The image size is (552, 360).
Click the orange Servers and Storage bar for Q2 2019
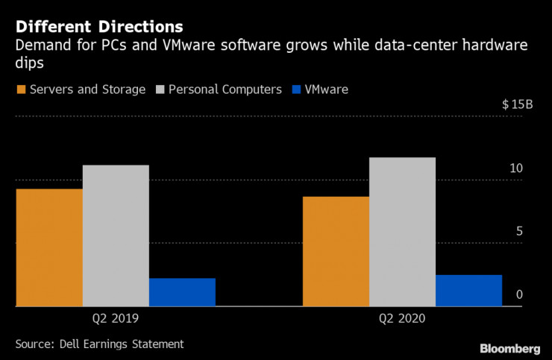tap(49, 247)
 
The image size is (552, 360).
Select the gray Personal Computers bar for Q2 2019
tap(116, 236)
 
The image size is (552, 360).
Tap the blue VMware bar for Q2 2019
tap(182, 292)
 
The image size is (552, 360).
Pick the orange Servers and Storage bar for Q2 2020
tap(336, 251)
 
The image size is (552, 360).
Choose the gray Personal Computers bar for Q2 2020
tap(402, 232)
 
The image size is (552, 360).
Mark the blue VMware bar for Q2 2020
tap(468, 291)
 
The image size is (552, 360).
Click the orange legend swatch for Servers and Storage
tap(20, 89)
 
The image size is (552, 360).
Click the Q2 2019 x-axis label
tap(116, 318)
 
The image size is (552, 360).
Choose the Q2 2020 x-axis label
tap(402, 318)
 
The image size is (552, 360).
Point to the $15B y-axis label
tap(518, 104)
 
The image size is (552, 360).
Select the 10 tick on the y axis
tap(516, 169)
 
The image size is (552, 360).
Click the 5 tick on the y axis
tap(519, 232)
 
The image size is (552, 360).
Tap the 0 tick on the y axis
tap(519, 295)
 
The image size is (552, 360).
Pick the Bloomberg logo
tap(509, 348)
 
